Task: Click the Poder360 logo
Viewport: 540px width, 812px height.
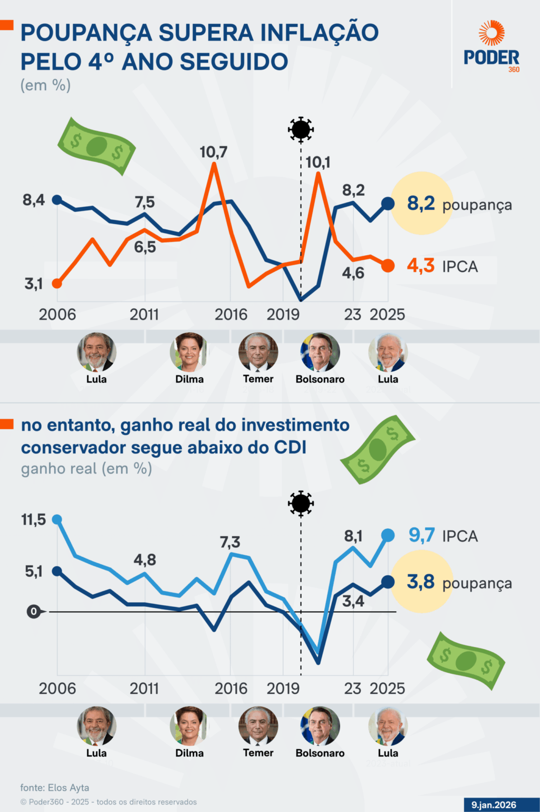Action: [x=491, y=46]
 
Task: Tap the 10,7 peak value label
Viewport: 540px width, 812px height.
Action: [x=214, y=152]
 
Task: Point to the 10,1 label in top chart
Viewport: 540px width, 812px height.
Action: [x=318, y=162]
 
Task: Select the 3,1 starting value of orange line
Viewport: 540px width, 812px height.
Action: [x=34, y=284]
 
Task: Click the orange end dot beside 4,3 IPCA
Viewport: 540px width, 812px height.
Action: [x=388, y=266]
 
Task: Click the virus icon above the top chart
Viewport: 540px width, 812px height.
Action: [x=301, y=129]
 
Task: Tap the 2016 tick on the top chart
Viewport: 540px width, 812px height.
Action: [x=231, y=315]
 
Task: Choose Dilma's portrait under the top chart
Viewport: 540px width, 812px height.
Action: [x=189, y=352]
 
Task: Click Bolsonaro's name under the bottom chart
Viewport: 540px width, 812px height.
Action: [x=320, y=753]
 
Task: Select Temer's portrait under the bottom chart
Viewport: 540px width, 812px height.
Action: [x=258, y=726]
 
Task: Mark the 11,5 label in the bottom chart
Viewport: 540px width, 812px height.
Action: [x=34, y=520]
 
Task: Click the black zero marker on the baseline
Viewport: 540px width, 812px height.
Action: [x=34, y=612]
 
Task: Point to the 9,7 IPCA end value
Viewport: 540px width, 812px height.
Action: [x=422, y=536]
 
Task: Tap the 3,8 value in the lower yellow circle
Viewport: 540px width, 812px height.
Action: [x=421, y=582]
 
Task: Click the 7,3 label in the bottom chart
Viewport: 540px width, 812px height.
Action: [x=230, y=542]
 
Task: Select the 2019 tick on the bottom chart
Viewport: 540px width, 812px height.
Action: [x=283, y=689]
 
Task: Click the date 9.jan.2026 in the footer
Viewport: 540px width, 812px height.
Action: [x=494, y=805]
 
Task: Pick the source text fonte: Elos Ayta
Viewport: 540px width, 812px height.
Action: [x=55, y=788]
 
